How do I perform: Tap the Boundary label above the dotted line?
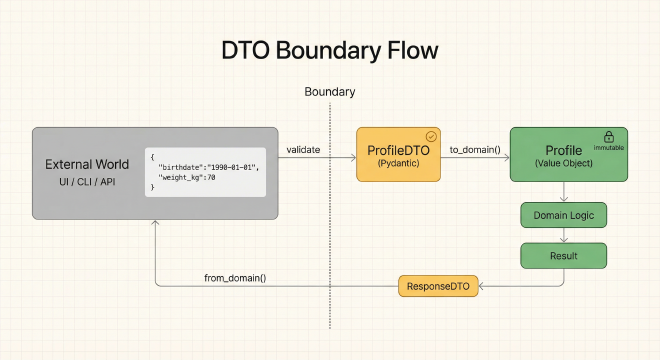329,92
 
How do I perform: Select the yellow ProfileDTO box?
399,154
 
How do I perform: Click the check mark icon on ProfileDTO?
432,135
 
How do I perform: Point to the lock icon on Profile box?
607,135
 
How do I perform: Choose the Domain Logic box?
563,214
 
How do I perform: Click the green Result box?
563,256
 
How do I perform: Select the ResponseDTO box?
439,287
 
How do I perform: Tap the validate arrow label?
303,150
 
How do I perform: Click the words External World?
87,164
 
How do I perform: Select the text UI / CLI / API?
87,183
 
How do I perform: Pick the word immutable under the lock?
608,147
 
